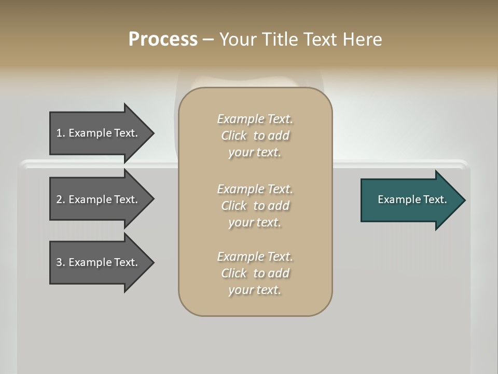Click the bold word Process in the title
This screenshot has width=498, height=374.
[x=163, y=39]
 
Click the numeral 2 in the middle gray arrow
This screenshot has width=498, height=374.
[x=59, y=199]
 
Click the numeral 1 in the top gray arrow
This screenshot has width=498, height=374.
[x=59, y=133]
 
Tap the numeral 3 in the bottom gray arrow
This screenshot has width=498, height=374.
[x=59, y=262]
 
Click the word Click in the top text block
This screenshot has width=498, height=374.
[x=234, y=136]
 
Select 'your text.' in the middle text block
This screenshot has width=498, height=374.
[x=255, y=222]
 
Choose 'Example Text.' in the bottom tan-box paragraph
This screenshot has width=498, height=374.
[x=255, y=257]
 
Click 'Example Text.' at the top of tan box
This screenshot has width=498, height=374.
[x=255, y=119]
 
